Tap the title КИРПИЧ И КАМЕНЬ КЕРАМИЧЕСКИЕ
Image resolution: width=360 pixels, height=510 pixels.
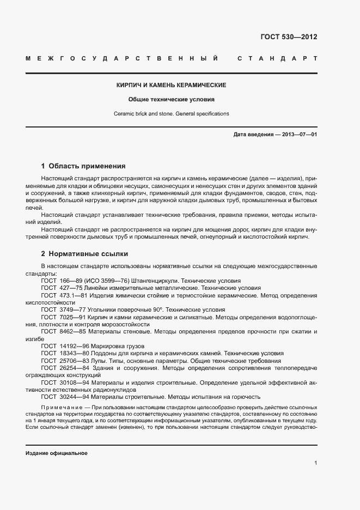[172, 86]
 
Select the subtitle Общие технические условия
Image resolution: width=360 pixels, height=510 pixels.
[172, 100]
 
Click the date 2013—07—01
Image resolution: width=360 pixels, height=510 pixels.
[298, 134]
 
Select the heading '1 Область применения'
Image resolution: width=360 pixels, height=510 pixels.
[83, 166]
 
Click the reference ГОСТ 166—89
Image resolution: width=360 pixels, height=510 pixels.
[61, 281]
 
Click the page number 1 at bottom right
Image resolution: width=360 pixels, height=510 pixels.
[315, 463]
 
